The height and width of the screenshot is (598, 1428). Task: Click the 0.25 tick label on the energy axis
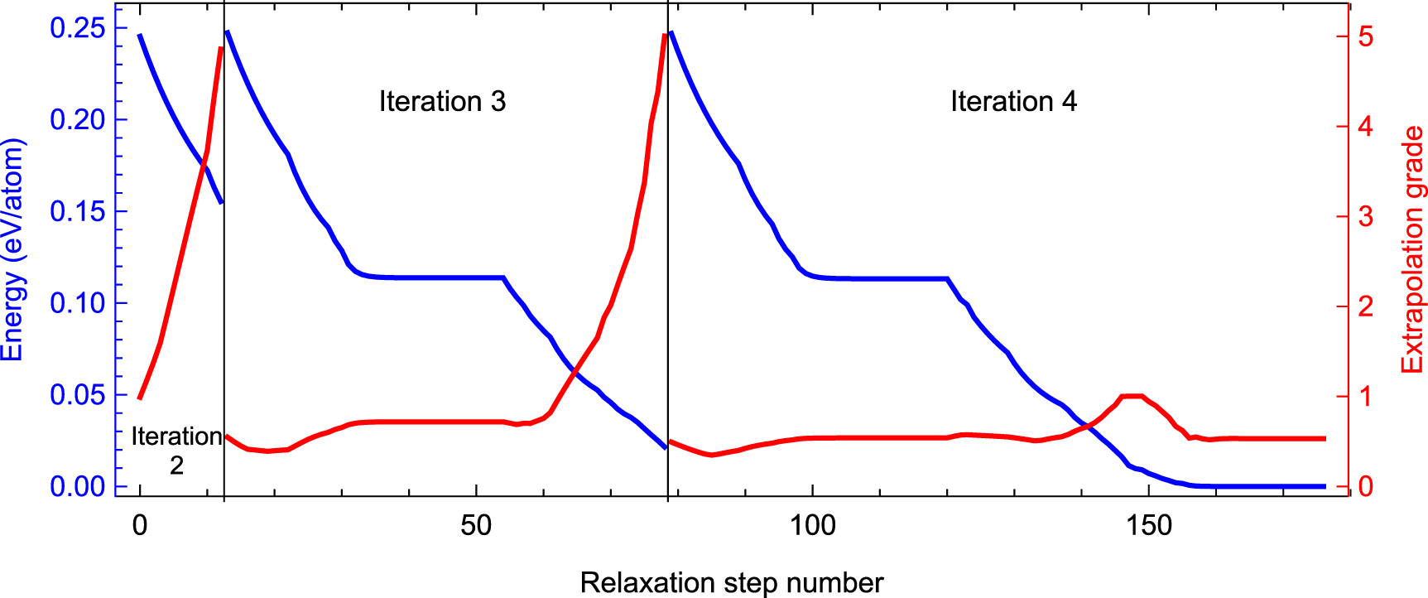click(x=78, y=28)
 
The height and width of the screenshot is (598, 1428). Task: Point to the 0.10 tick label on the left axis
click(x=78, y=303)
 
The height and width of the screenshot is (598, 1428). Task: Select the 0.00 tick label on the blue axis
click(x=78, y=486)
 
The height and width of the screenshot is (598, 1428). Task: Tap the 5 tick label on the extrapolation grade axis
click(x=1365, y=37)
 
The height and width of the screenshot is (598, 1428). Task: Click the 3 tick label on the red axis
click(x=1365, y=217)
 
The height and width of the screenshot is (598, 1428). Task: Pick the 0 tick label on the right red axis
click(x=1365, y=487)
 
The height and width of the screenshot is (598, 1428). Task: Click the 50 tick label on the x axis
click(x=476, y=526)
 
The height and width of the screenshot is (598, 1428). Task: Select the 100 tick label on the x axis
click(x=813, y=526)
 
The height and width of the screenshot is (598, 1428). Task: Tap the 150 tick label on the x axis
click(x=1149, y=526)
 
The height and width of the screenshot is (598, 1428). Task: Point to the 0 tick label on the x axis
click(x=140, y=526)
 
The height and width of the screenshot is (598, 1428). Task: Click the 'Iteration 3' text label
click(x=442, y=102)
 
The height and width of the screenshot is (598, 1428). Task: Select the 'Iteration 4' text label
click(x=1013, y=102)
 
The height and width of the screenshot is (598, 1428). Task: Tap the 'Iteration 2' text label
click(x=176, y=451)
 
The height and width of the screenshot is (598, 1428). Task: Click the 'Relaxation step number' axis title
click(x=732, y=583)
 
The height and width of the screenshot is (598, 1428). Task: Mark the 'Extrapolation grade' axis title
click(x=1412, y=249)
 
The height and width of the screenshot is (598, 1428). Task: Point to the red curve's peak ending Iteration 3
click(x=665, y=35)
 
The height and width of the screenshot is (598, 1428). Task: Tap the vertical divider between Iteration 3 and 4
click(x=668, y=248)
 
